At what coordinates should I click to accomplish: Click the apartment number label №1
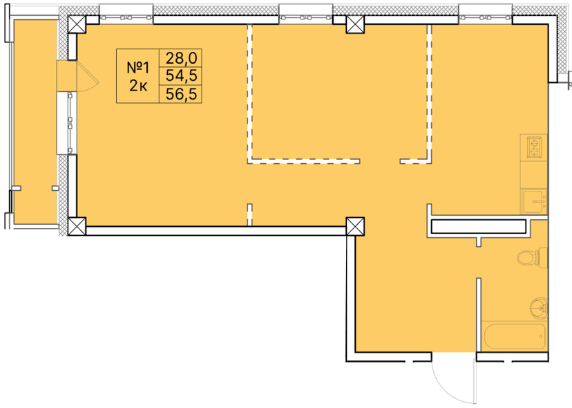[x=139, y=68]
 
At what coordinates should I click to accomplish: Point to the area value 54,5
[x=180, y=76]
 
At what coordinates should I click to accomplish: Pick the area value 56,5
[x=180, y=95]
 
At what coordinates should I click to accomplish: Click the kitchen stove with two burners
[x=535, y=147]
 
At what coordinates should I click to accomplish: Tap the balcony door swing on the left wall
[x=87, y=76]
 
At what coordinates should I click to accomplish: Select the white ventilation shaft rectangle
[x=478, y=227]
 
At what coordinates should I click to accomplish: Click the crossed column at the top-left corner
[x=76, y=25]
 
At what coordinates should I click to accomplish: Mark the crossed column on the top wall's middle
[x=355, y=26]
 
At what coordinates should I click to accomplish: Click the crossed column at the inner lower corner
[x=355, y=226]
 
